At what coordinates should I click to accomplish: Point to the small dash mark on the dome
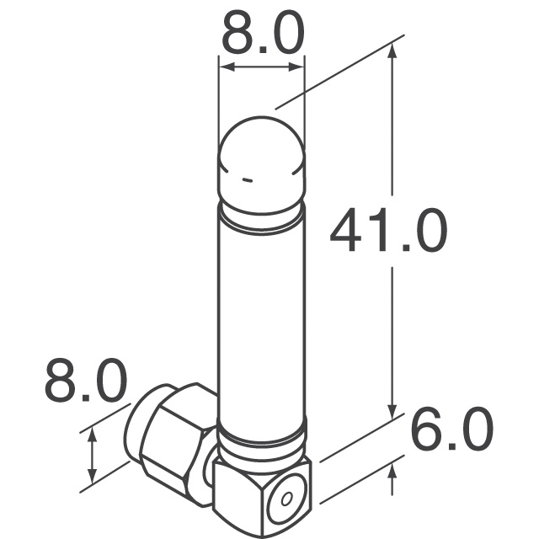click(246, 179)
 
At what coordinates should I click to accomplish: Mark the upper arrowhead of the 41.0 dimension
click(392, 52)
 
